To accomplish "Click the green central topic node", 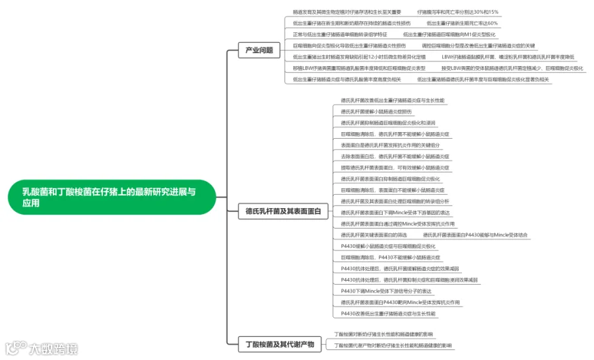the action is pyautogui.click(x=111, y=197).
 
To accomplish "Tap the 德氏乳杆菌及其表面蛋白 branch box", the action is pyautogui.click(x=282, y=211).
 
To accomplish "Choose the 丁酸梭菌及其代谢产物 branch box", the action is pyautogui.click(x=279, y=343).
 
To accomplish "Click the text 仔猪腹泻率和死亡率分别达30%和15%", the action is pyautogui.click(x=458, y=12).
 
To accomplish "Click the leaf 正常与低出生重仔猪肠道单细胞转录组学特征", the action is pyautogui.click(x=340, y=34).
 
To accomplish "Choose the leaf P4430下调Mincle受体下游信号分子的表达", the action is pyautogui.click(x=386, y=291).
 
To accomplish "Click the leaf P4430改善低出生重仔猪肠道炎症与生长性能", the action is pyautogui.click(x=388, y=313).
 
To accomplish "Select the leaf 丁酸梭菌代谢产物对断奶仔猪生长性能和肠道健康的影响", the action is pyautogui.click(x=393, y=345).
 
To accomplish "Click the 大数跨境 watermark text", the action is pyautogui.click(x=51, y=349).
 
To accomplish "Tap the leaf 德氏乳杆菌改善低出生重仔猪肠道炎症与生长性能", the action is pyautogui.click(x=392, y=100).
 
